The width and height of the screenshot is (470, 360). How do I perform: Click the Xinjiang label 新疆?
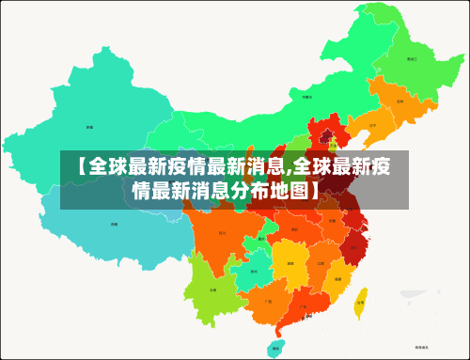(89, 126)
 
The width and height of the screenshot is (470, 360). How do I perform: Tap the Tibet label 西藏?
(115, 224)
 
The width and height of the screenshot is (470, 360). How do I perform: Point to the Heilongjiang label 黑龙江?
(411, 58)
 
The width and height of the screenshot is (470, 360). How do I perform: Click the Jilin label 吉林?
(399, 100)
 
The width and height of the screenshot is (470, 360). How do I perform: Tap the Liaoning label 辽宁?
(372, 124)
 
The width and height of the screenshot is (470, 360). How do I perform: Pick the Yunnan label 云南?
(212, 290)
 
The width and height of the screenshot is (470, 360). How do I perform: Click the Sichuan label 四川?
(222, 231)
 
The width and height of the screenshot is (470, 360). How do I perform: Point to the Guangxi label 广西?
(269, 302)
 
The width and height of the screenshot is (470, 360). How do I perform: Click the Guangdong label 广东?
(302, 305)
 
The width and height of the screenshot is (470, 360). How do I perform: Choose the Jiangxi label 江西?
(321, 264)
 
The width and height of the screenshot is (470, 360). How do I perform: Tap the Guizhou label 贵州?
(255, 273)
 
